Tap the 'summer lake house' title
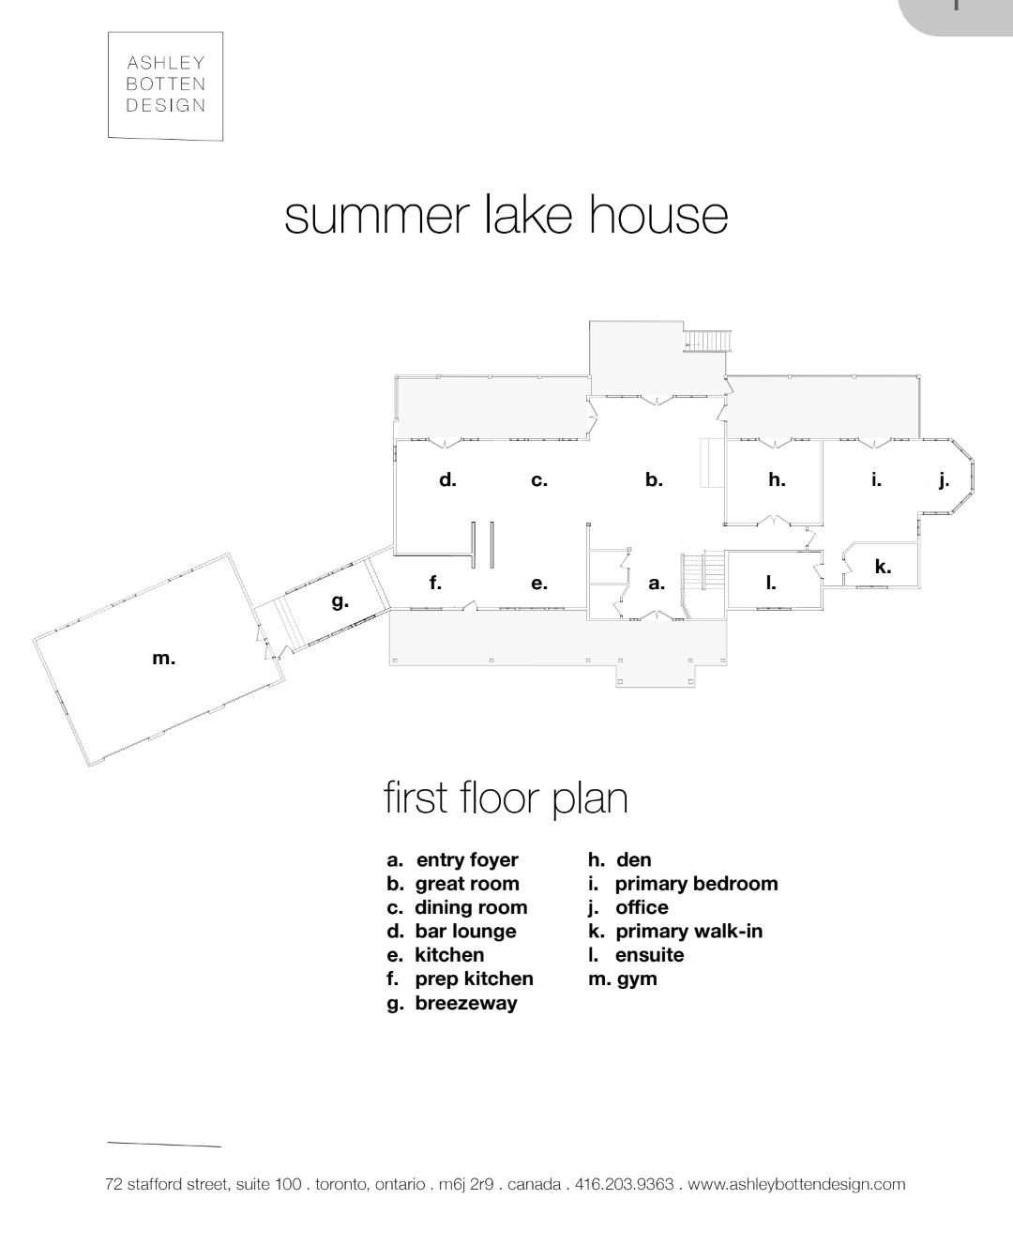(x=506, y=217)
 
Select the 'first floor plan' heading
(x=506, y=798)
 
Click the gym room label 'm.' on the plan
(x=163, y=659)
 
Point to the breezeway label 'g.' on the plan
(x=340, y=601)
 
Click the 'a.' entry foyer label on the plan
(x=657, y=583)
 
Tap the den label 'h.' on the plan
(x=777, y=479)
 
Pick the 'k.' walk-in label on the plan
(x=883, y=566)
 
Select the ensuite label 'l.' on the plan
(x=771, y=583)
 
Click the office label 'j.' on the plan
(x=945, y=480)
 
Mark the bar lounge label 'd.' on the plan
(x=447, y=479)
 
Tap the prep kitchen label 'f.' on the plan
(x=435, y=583)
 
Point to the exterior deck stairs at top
(x=707, y=341)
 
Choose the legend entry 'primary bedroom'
(x=696, y=884)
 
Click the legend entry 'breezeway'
(x=466, y=1004)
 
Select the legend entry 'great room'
(x=467, y=884)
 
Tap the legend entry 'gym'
(x=637, y=979)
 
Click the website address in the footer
(x=796, y=1184)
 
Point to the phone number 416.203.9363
(x=624, y=1184)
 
